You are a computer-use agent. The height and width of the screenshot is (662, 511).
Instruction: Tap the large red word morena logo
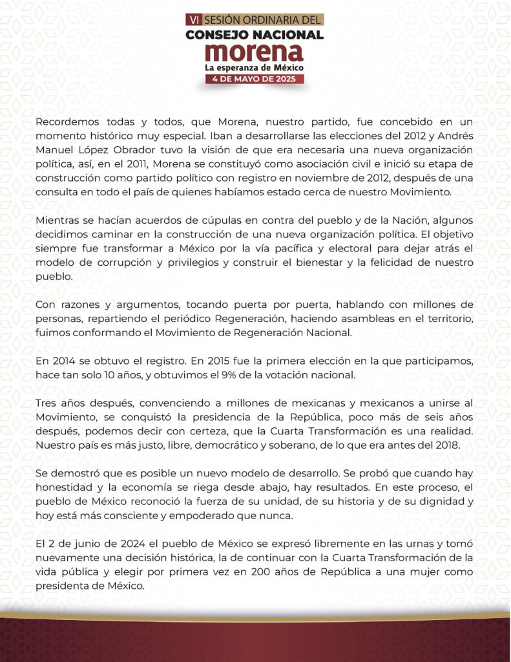point(255,51)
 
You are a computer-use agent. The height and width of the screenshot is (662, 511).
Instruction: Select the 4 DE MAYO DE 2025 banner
point(255,79)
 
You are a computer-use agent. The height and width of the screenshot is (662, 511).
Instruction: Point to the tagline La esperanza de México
point(255,67)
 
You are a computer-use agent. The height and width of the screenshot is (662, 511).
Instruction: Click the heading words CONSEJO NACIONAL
point(255,34)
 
